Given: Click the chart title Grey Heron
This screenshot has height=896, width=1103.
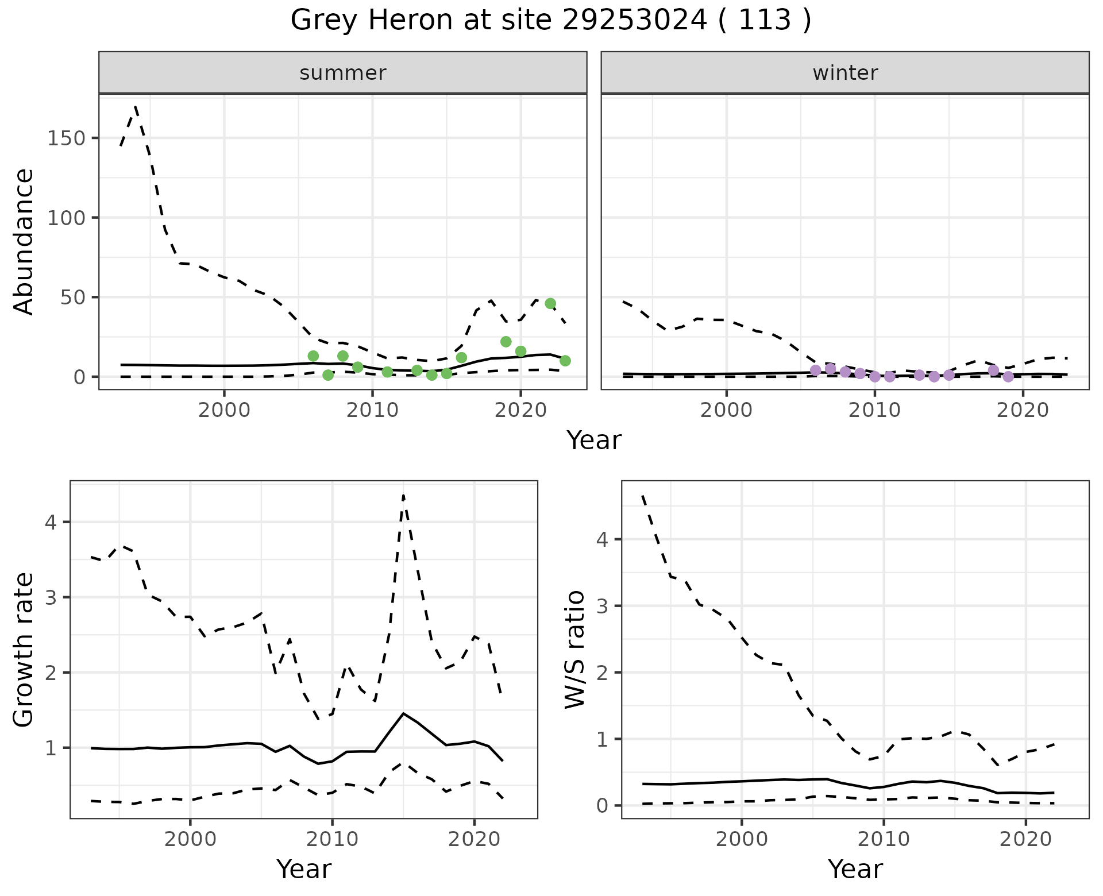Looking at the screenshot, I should pyautogui.click(x=550, y=21).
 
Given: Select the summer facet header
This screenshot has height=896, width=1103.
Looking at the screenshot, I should pyautogui.click(x=342, y=73).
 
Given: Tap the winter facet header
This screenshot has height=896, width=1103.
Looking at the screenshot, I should pyautogui.click(x=844, y=73).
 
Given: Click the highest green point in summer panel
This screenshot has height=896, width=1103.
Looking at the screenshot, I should pyautogui.click(x=550, y=303).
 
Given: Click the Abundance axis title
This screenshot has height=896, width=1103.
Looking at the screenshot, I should pyautogui.click(x=24, y=241).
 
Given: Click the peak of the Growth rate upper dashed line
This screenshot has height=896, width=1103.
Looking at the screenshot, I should pyautogui.click(x=403, y=495).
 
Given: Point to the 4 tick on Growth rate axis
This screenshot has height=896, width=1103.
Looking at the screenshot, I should pyautogui.click(x=51, y=522).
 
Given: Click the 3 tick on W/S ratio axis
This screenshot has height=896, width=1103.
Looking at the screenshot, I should pyautogui.click(x=602, y=606).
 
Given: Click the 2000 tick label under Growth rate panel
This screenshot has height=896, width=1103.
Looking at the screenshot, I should pyautogui.click(x=190, y=839).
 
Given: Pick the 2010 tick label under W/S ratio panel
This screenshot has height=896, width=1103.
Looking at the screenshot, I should pyautogui.click(x=884, y=839).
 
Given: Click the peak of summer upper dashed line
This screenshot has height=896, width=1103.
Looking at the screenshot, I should pyautogui.click(x=135, y=106).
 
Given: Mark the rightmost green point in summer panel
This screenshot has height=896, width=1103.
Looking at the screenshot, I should pyautogui.click(x=565, y=361).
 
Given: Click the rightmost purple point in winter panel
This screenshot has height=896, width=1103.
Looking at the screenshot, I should pyautogui.click(x=1008, y=377).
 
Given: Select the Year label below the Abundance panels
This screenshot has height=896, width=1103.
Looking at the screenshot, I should pyautogui.click(x=594, y=441).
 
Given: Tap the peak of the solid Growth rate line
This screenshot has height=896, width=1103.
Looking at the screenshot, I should pyautogui.click(x=404, y=713).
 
